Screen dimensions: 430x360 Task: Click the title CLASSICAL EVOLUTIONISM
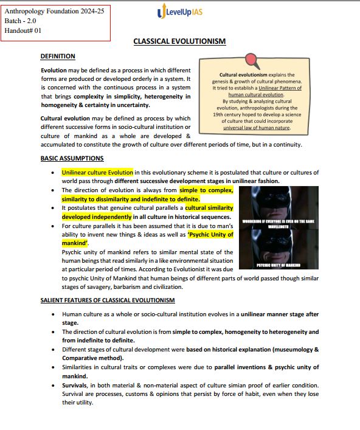click(179, 41)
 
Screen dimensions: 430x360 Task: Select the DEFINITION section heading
click(58, 57)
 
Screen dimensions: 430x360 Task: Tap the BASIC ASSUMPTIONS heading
click(72, 159)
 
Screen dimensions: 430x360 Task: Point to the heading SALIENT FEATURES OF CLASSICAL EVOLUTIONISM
click(108, 300)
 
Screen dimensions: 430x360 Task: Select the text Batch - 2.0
click(19, 20)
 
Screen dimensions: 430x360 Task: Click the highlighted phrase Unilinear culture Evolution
click(97, 173)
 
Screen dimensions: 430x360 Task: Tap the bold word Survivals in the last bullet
click(76, 386)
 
